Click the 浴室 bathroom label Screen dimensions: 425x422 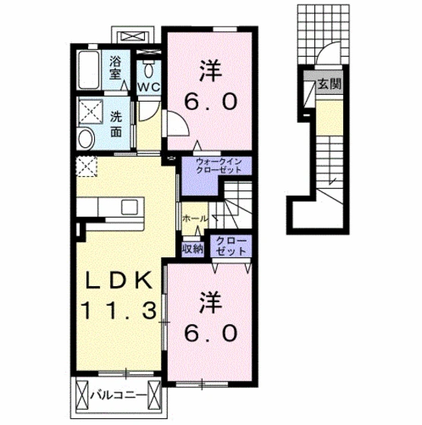click(x=116, y=67)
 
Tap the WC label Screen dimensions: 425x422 click(x=150, y=87)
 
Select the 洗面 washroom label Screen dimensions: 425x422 click(x=116, y=124)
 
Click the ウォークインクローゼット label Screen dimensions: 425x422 click(x=218, y=166)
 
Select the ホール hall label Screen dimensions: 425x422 click(x=194, y=219)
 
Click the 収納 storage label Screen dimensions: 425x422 click(x=191, y=248)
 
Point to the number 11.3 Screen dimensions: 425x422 click(x=120, y=310)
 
